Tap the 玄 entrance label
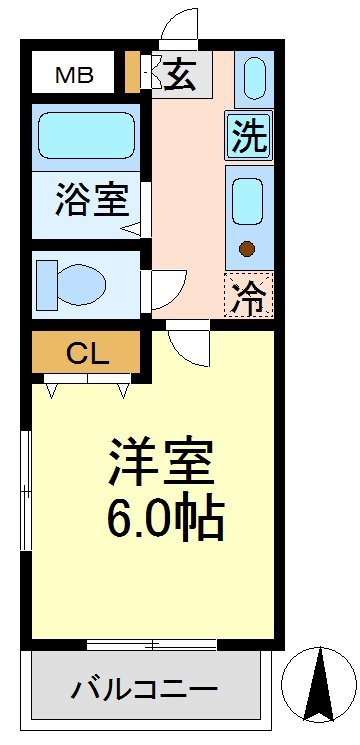point(180,75)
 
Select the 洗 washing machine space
point(250,136)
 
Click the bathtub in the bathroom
point(86,135)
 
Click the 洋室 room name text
point(161,462)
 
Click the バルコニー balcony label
point(144,689)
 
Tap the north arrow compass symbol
point(318,686)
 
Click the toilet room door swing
point(166,290)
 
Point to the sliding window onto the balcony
point(151,643)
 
